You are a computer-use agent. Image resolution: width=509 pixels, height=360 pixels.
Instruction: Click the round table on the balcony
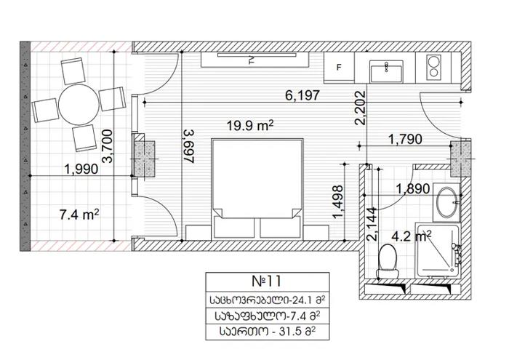79,105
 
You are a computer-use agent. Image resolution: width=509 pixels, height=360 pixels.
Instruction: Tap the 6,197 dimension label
302,95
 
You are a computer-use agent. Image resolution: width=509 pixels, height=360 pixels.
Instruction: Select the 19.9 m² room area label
249,125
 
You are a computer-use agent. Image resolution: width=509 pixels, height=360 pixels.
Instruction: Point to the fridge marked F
339,67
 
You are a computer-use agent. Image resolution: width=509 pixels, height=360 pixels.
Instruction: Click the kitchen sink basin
386,72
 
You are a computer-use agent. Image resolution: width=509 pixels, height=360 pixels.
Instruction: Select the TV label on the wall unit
251,60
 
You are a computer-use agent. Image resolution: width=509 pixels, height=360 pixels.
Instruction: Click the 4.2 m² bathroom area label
412,236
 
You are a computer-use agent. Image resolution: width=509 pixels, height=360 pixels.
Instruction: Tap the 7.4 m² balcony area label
79,215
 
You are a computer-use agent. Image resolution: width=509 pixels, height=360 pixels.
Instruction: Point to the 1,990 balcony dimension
81,169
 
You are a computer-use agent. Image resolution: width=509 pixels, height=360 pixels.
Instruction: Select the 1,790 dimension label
405,140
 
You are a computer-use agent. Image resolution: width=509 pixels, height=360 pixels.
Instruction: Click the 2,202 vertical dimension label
361,108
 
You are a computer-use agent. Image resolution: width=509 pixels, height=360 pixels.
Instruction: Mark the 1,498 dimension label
338,202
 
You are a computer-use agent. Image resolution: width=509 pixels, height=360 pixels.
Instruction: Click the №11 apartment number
267,281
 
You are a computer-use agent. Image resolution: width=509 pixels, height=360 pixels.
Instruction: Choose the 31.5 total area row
268,332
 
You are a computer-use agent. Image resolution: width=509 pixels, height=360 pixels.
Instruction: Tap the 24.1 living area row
268,300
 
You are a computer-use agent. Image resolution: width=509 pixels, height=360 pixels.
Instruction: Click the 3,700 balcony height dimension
108,145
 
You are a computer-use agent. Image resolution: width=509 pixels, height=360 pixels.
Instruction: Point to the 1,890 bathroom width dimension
413,188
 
